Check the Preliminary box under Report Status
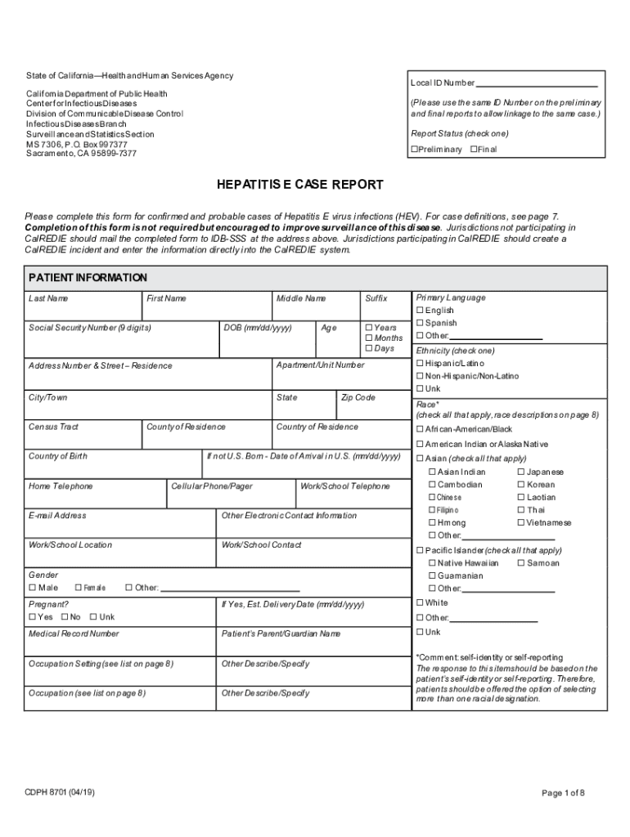click(414, 150)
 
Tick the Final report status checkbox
click(474, 150)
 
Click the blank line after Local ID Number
click(537, 83)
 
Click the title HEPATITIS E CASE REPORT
click(300, 185)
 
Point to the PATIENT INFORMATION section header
click(88, 278)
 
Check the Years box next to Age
click(368, 328)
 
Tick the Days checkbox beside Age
click(368, 348)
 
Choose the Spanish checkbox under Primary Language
click(420, 323)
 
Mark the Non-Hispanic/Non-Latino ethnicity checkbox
click(420, 376)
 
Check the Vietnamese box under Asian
click(520, 522)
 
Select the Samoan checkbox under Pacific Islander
click(520, 563)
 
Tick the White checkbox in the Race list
click(420, 603)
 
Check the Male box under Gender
click(32, 587)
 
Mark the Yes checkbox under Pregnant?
click(32, 617)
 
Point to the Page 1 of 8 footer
click(563, 793)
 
